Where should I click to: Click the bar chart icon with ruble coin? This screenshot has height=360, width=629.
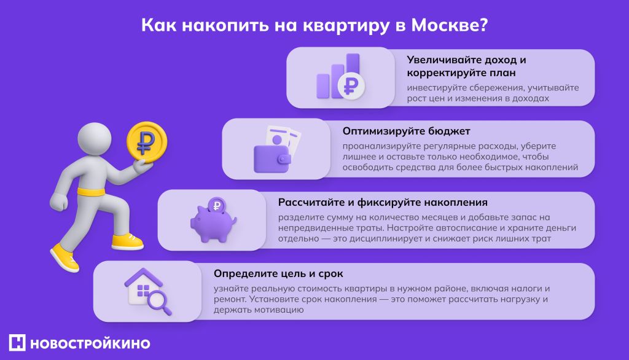tap(339, 78)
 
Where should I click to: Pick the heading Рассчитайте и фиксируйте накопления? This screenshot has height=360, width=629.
tap(383, 202)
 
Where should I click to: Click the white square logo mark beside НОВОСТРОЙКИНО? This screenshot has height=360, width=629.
tap(17, 343)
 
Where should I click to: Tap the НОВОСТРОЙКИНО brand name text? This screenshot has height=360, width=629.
tap(90, 343)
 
